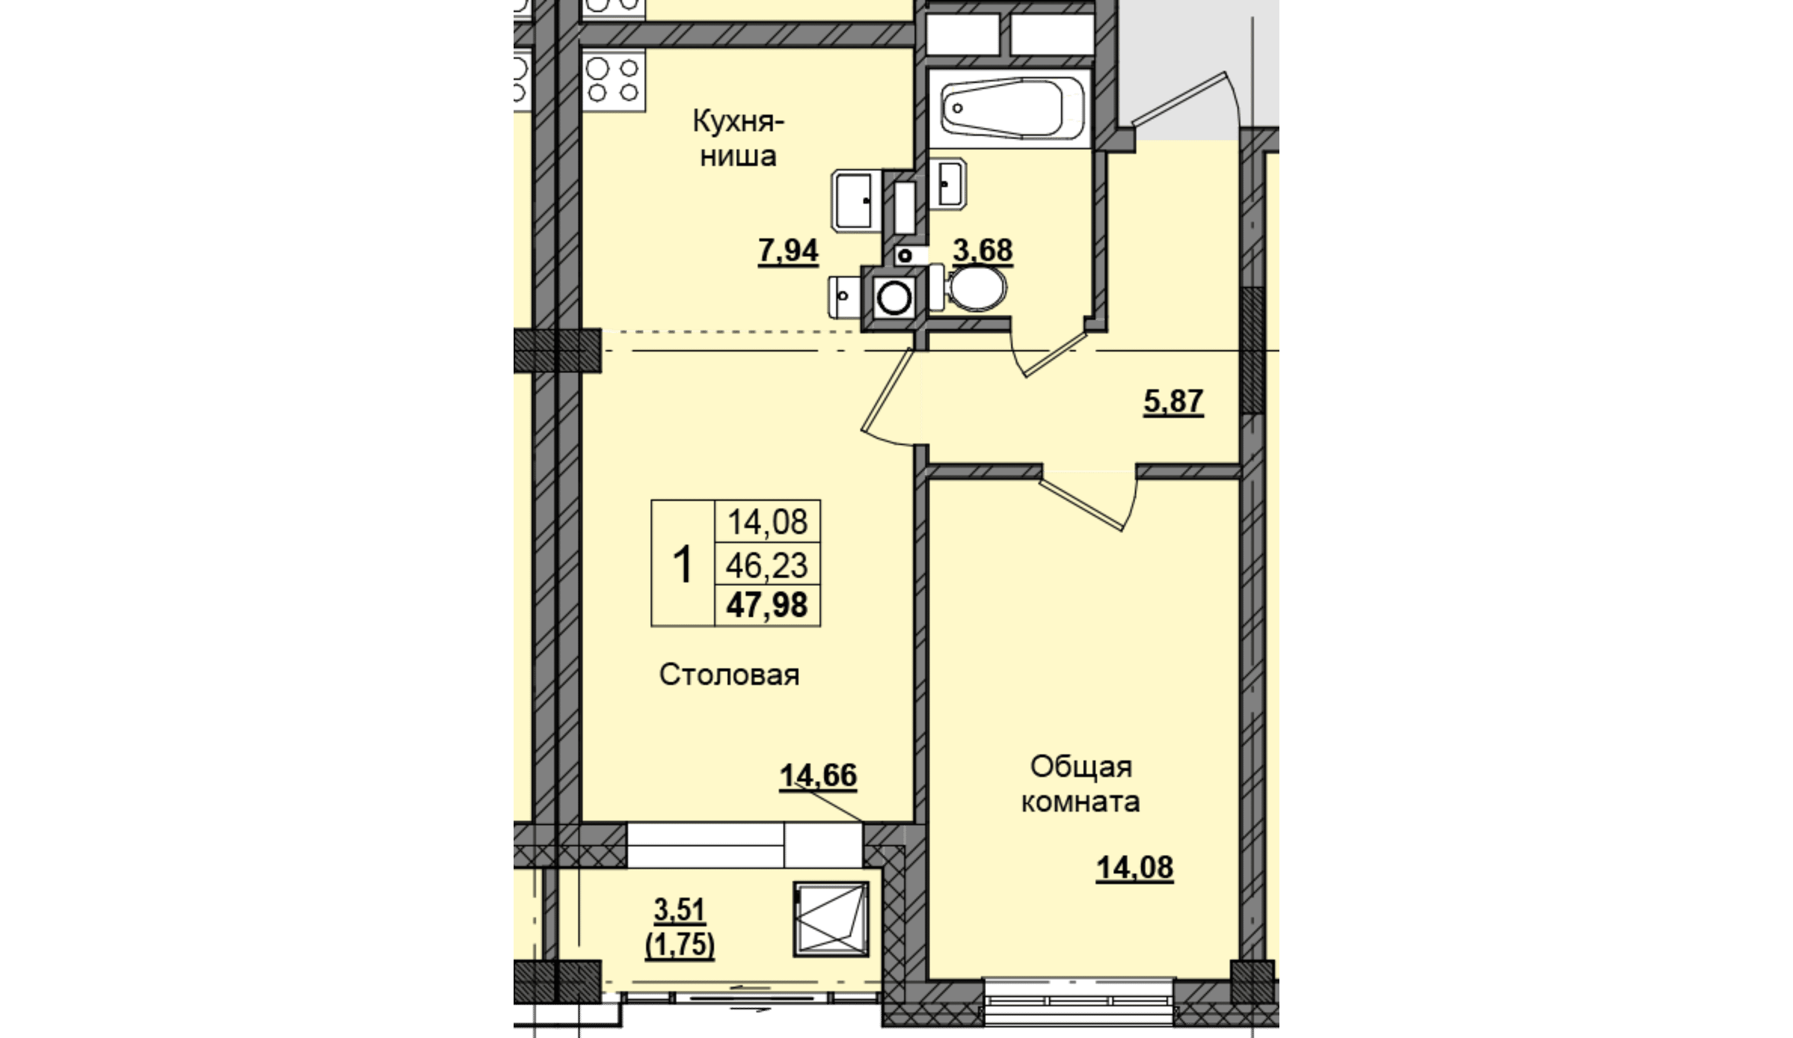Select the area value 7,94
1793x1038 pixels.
pyautogui.click(x=788, y=250)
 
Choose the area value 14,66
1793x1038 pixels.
pyautogui.click(x=818, y=775)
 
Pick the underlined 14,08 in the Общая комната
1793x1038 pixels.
pyautogui.click(x=1135, y=868)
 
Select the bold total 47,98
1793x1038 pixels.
pyautogui.click(x=767, y=605)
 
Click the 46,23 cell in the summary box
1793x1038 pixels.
pyautogui.click(x=767, y=566)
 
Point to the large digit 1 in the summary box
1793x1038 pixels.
pyautogui.click(x=682, y=564)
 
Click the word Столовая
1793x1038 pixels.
pyautogui.click(x=729, y=674)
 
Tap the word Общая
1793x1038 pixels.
pyautogui.click(x=1081, y=767)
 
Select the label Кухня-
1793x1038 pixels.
pyautogui.click(x=738, y=121)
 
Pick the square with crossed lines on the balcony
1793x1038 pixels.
pyautogui.click(x=831, y=918)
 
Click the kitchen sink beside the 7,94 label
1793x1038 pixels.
pyautogui.click(x=855, y=200)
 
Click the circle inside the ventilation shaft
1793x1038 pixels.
pyautogui.click(x=894, y=298)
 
